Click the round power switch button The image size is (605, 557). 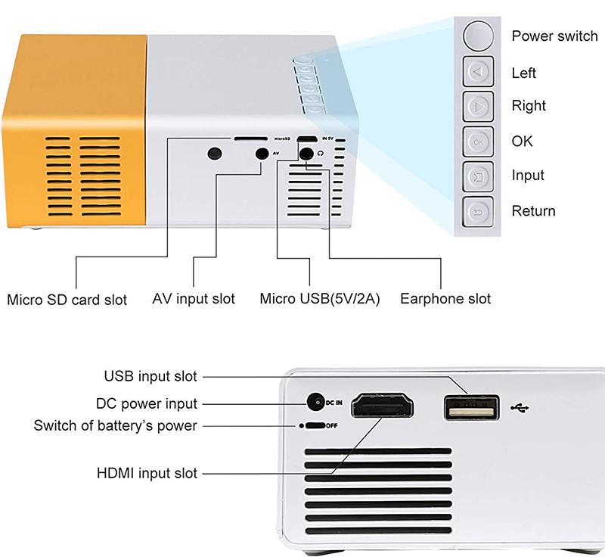pos(477,36)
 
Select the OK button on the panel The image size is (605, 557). pos(477,142)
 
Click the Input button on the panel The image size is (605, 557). pos(477,176)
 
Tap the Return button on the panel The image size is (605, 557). pos(477,211)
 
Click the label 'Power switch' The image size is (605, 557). pos(554,36)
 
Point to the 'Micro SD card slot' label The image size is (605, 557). pos(67,299)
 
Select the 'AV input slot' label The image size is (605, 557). pos(194,299)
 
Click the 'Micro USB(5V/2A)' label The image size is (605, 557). pos(320,299)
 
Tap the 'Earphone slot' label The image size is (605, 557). pos(445,299)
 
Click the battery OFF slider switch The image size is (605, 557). pos(313,425)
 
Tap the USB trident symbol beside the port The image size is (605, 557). pos(521,408)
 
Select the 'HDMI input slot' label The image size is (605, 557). pos(147,473)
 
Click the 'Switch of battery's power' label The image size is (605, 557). pos(115,425)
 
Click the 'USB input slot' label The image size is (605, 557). pos(150,376)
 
